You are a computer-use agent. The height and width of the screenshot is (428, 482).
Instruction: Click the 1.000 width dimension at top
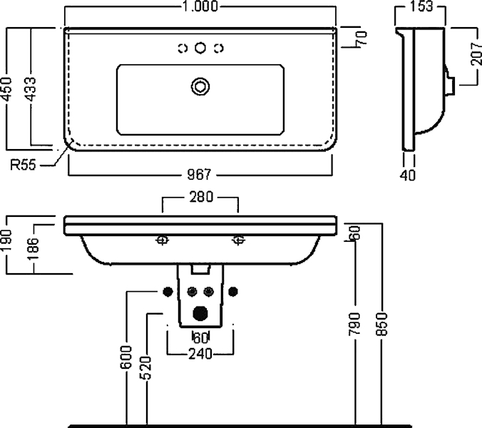(x=200, y=6)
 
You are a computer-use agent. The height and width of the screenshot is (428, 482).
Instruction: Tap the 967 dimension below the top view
(x=199, y=175)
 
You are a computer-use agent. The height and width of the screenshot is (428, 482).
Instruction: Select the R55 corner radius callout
(x=23, y=165)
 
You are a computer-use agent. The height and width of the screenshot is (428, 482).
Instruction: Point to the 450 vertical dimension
(x=6, y=89)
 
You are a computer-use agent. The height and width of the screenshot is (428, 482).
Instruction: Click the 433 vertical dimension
(x=31, y=89)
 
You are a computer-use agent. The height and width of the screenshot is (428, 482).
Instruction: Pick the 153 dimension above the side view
(x=421, y=6)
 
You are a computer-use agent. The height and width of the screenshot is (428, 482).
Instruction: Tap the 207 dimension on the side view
(x=476, y=53)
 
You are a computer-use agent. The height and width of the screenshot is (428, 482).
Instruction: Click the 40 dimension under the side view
(x=408, y=175)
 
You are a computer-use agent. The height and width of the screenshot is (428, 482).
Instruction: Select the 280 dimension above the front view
(x=201, y=197)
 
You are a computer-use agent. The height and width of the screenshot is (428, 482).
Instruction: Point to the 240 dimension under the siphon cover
(x=200, y=354)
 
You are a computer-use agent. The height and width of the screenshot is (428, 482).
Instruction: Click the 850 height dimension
(x=382, y=324)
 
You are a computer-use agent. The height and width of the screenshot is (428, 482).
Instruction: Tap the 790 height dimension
(x=355, y=324)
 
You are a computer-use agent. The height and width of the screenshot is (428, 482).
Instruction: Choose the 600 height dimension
(x=126, y=357)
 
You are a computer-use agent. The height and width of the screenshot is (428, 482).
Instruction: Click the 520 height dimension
(x=146, y=368)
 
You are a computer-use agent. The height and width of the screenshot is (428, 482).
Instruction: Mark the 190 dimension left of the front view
(x=6, y=240)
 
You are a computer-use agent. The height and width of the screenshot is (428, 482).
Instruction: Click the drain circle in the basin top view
(x=200, y=86)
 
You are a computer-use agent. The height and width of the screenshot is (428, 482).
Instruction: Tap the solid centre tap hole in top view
(x=200, y=48)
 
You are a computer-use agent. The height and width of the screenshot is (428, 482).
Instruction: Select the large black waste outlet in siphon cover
(x=200, y=314)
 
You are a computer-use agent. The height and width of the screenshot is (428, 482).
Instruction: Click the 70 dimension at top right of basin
(x=361, y=38)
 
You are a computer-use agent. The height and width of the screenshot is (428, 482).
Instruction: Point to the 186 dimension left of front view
(x=33, y=248)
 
